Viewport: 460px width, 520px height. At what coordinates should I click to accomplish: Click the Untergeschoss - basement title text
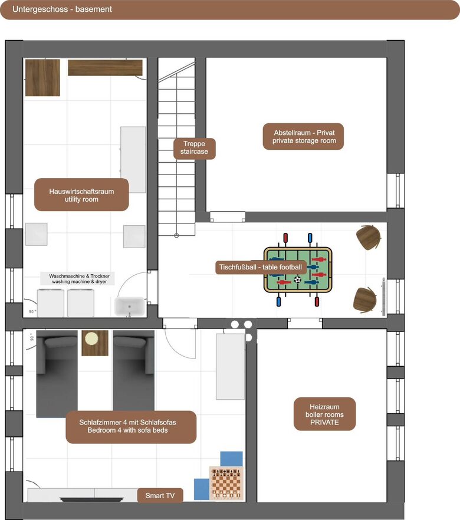coord(62,9)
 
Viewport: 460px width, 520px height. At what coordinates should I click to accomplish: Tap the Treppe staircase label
coord(195,148)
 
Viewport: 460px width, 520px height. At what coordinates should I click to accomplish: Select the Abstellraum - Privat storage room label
coord(304,137)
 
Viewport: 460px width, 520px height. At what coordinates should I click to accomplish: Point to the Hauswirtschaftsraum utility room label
coord(81,195)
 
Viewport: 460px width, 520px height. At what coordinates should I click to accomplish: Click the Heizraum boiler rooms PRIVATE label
coord(325,414)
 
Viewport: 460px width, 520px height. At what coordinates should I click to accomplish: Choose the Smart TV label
coord(160,495)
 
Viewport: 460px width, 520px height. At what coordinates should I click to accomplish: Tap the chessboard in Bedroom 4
coord(226,483)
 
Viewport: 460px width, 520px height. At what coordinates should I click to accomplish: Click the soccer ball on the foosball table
coord(297,279)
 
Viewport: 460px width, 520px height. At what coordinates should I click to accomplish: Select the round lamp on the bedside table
coord(91,339)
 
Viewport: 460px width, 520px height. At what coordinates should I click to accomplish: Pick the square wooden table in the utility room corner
coord(43,78)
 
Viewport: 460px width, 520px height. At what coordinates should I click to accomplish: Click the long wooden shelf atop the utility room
coord(105,68)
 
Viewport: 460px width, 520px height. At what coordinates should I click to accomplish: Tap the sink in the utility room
coord(130,307)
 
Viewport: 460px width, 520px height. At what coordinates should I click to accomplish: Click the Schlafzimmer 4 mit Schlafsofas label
coord(131,427)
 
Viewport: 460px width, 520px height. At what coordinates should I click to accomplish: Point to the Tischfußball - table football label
coord(261,267)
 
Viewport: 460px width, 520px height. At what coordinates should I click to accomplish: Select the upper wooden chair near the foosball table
coord(368,237)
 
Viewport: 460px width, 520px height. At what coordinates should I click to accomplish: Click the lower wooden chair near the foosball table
coord(365,300)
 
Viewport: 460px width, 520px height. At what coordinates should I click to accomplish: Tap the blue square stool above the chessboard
coord(232,459)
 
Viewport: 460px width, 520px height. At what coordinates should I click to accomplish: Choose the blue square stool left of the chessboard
coord(202,489)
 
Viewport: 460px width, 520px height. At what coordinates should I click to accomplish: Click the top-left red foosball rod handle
coord(285,238)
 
